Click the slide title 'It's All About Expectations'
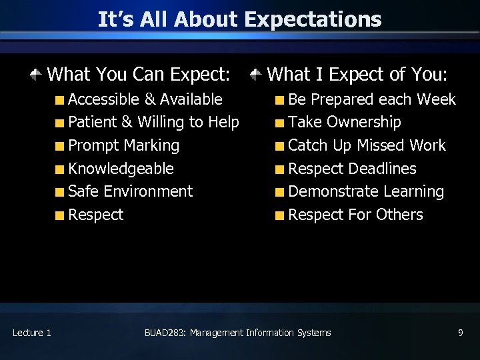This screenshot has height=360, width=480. [x=239, y=19]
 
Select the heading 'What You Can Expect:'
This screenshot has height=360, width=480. [x=139, y=74]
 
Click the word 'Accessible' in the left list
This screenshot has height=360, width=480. [x=103, y=99]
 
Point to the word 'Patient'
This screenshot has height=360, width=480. [x=92, y=123]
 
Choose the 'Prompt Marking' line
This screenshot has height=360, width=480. [x=123, y=145]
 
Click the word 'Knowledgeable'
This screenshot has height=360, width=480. [x=121, y=169]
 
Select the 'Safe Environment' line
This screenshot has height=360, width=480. [x=130, y=191]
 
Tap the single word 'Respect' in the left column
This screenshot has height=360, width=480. [x=95, y=215]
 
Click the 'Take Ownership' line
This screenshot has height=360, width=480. [x=344, y=123]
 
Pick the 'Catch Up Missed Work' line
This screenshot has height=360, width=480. [x=367, y=145]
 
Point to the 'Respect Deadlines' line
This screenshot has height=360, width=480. [x=352, y=169]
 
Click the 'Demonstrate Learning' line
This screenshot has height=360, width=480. [x=366, y=191]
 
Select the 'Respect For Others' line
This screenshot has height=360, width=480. [x=355, y=215]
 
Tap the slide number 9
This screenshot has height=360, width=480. [x=460, y=333]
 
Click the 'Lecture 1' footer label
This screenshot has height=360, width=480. [x=31, y=333]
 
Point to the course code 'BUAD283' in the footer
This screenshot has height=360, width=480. [x=164, y=333]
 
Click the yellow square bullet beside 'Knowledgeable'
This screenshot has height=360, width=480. [x=60, y=169]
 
